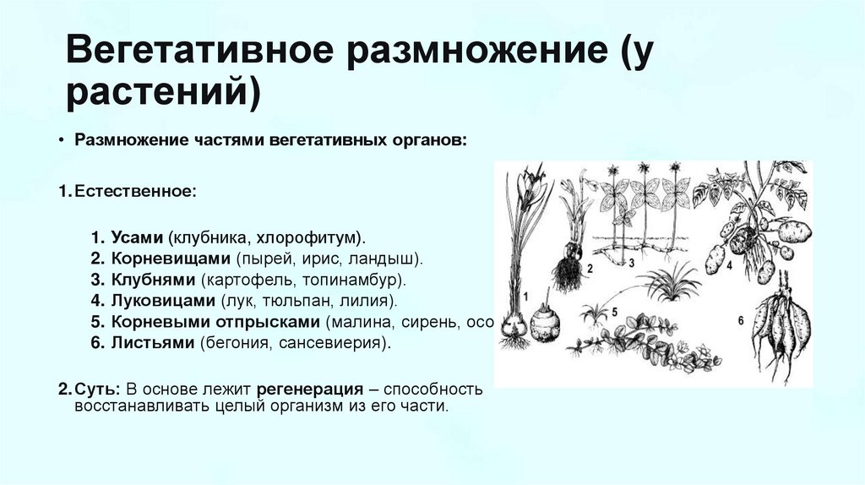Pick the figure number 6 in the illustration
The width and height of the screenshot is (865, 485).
click(x=740, y=320)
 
